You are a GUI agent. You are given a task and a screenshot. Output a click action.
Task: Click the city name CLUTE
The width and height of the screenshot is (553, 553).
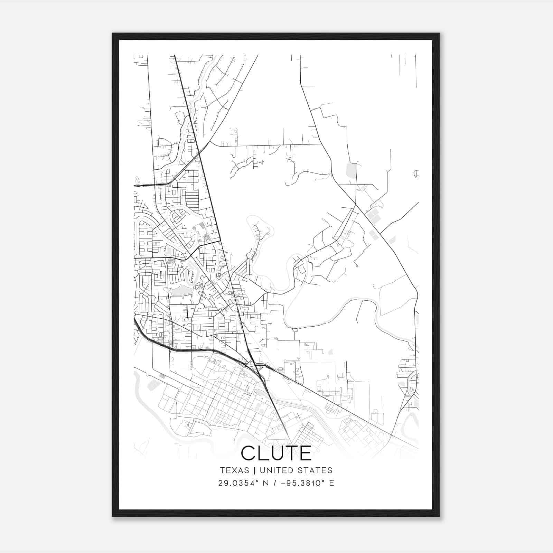276,453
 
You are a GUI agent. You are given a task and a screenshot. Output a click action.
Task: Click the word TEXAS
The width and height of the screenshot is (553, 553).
234,470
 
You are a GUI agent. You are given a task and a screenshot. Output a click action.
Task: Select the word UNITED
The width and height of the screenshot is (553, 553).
275,470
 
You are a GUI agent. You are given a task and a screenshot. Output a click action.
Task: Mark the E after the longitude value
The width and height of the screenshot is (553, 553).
331,483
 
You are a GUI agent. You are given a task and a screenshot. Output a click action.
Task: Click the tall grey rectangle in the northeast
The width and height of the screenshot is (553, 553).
351,170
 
